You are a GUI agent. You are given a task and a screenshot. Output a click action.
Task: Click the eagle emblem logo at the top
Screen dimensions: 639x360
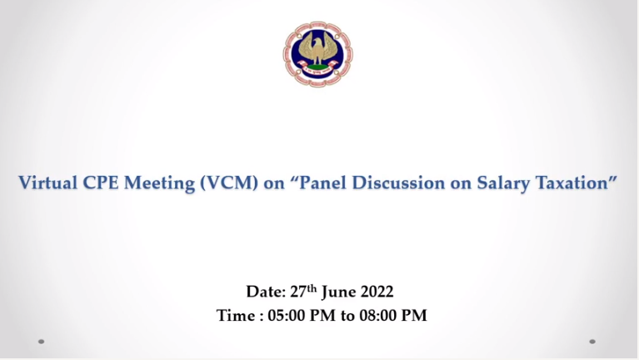(318, 54)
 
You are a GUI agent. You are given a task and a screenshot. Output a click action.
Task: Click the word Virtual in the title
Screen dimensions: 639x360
(47, 182)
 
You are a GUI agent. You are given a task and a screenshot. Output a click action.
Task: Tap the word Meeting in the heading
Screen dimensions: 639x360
(159, 183)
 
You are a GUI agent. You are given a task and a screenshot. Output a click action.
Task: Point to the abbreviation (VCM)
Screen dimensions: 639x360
(229, 183)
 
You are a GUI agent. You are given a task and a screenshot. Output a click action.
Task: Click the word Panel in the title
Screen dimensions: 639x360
(322, 182)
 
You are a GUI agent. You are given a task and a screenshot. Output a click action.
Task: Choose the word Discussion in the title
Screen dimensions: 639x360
(398, 182)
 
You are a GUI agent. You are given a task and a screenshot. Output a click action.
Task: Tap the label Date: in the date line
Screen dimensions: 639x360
(266, 292)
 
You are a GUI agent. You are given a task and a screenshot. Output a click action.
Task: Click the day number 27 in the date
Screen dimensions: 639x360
(298, 292)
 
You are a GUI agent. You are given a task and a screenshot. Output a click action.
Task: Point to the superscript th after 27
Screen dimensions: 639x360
(312, 288)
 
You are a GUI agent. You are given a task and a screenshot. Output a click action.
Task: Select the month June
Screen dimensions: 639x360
(338, 292)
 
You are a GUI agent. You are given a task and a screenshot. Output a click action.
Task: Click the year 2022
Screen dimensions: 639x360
(377, 292)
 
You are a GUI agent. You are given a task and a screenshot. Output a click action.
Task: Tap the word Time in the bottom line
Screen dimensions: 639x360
(236, 316)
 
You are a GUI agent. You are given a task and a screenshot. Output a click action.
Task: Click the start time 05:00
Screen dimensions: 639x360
(286, 316)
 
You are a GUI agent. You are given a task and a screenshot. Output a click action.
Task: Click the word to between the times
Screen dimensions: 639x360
(347, 316)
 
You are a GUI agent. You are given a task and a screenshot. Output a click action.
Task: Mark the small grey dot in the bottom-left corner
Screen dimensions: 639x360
(41, 341)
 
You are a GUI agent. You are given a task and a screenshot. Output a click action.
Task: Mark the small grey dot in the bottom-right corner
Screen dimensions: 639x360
(592, 341)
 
